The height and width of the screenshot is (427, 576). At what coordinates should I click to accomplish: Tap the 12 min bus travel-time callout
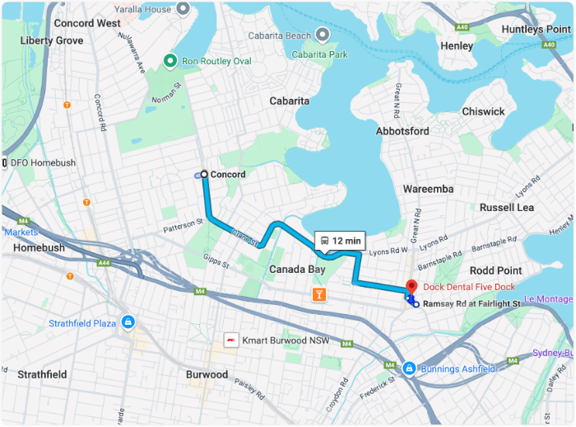point(339,241)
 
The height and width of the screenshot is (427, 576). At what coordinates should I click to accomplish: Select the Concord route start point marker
point(203,174)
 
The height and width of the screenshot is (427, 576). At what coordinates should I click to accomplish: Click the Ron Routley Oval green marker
point(170,60)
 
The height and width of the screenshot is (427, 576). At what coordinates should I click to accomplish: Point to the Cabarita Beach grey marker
point(323,35)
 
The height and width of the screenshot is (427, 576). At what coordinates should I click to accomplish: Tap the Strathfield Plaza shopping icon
point(128,322)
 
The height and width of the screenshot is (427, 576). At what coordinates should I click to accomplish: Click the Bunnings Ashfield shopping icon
point(409,368)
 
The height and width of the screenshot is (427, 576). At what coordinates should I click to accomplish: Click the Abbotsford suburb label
point(402,131)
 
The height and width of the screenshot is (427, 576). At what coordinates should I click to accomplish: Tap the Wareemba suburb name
point(428,189)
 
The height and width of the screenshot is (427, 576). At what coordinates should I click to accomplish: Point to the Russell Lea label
point(507,207)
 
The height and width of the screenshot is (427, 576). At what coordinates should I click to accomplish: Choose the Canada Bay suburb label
point(297,270)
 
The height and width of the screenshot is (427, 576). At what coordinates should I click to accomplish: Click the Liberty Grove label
point(52,40)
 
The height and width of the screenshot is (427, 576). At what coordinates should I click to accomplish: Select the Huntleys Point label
point(537,29)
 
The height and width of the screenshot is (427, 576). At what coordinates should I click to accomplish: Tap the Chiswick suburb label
point(483,111)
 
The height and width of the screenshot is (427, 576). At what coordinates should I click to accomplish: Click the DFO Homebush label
point(43,163)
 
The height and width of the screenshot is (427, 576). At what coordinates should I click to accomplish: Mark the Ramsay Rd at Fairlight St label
point(472,304)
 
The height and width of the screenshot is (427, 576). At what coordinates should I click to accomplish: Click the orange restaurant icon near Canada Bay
point(318,294)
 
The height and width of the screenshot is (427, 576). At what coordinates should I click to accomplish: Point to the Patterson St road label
point(183,223)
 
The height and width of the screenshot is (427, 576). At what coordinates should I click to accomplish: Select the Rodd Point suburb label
point(495,270)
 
